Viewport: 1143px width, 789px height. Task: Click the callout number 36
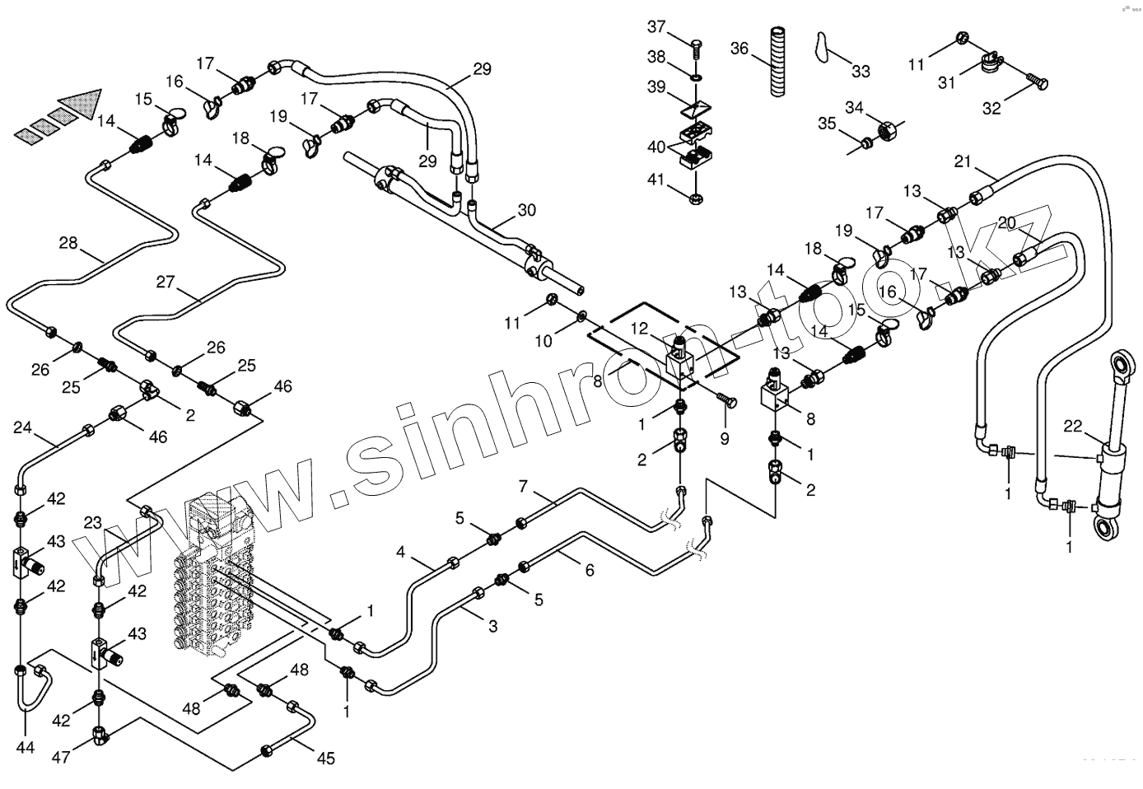[739, 49]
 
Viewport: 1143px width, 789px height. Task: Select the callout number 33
[861, 72]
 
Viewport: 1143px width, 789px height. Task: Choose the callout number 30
[526, 210]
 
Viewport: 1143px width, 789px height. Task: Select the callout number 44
[26, 748]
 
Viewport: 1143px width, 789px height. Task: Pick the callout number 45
[326, 759]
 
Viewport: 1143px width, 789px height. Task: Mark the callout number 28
[68, 242]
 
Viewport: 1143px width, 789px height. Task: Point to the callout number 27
[166, 282]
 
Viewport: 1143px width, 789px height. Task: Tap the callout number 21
[963, 161]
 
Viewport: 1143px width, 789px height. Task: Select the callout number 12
[639, 329]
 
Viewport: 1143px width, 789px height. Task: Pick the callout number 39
[655, 87]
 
